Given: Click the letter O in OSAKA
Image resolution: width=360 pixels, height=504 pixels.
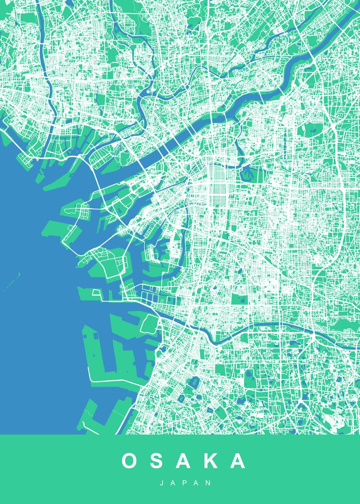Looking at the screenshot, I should click(130, 461).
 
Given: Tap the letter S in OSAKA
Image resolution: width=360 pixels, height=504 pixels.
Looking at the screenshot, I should click(158, 461).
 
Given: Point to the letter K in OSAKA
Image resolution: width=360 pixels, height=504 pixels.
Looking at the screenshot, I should click(210, 461).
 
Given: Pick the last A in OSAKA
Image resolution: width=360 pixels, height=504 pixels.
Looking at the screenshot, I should click(237, 461).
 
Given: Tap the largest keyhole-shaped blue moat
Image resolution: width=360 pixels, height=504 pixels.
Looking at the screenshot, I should click(194, 383).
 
